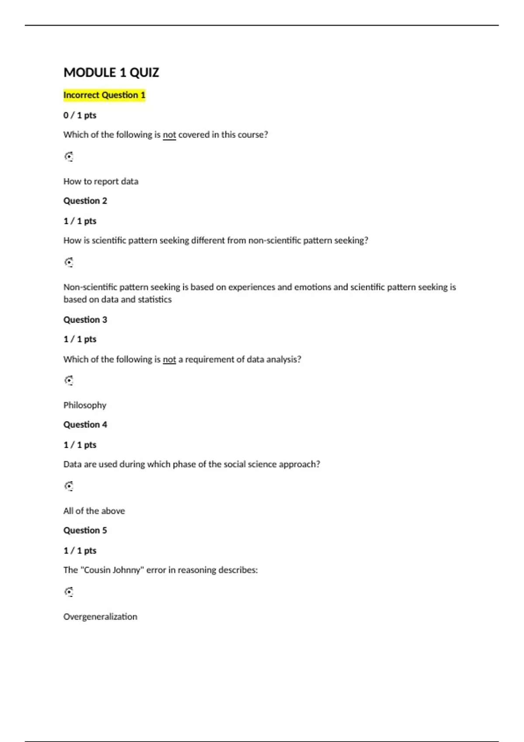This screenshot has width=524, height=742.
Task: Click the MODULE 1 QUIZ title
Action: pos(111,72)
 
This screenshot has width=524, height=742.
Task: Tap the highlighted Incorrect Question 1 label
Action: pos(104,95)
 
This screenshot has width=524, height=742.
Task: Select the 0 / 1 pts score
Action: pos(80,115)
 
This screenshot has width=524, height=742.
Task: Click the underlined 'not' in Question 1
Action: pos(169,135)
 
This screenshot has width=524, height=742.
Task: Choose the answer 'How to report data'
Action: pos(101,181)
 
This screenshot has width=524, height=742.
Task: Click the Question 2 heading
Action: pos(85,201)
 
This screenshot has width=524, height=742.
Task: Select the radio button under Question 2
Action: pos(69,262)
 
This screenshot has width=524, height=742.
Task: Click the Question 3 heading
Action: pos(85,319)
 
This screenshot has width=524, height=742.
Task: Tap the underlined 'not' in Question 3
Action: pos(169,360)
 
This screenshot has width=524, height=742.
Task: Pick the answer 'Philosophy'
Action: pos(85,405)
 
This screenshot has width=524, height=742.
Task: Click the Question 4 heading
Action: pos(85,425)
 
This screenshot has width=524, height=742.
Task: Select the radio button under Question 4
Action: pos(69,486)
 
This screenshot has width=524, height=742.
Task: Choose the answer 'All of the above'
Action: pos(94,511)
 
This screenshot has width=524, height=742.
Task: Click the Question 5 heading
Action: pos(85,530)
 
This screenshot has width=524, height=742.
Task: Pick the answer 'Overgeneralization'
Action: pos(100,617)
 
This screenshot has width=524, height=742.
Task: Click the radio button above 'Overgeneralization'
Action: pos(69,592)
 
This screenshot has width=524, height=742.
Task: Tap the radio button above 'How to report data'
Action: pos(69,157)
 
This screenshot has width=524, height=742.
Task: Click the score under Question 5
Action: pos(80,550)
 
